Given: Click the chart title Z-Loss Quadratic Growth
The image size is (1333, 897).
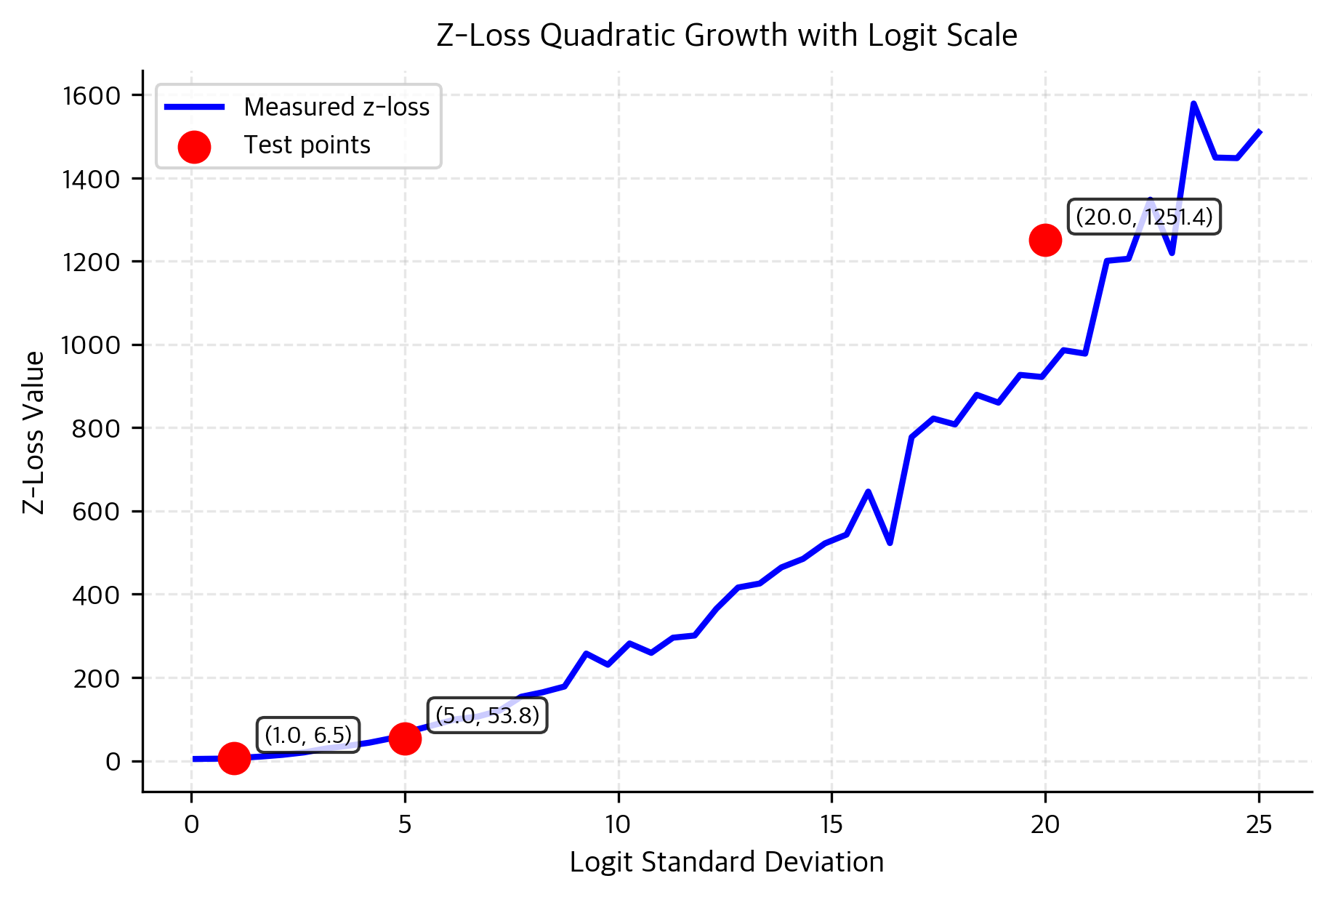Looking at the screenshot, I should [x=726, y=35].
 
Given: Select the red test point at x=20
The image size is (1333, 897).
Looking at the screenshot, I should [x=1045, y=240].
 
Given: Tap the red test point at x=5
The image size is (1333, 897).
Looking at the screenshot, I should [x=405, y=739].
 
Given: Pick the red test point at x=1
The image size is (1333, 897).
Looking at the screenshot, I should [x=234, y=758].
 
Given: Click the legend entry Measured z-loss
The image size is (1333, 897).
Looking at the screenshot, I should [x=337, y=107].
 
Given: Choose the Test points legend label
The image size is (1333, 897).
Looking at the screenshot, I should [x=307, y=145].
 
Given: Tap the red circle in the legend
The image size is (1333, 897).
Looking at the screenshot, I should [x=194, y=147].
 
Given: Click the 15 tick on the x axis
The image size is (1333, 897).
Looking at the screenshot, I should [x=831, y=824].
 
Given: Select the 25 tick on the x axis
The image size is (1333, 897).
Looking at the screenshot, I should [x=1259, y=824].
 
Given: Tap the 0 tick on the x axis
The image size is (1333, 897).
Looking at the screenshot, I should [x=191, y=824].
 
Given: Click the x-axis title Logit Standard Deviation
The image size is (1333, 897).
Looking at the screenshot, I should [x=726, y=862].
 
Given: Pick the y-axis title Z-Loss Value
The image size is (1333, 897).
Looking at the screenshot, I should [x=33, y=432].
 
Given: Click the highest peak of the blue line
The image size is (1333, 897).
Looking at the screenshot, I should [x=1193, y=103].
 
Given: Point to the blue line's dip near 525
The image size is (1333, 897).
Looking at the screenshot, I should [x=890, y=543].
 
